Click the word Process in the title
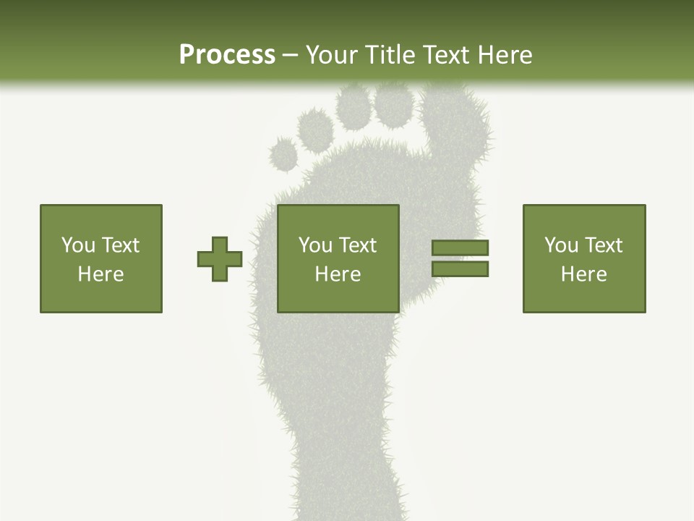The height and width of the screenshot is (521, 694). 227,55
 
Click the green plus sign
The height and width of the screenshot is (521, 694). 220,259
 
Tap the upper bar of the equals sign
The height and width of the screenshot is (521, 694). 460,247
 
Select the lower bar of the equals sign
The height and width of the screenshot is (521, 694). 460,269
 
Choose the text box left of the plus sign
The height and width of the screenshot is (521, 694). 101,259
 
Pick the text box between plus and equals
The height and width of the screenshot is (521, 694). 338,259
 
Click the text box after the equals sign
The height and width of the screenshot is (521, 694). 584,259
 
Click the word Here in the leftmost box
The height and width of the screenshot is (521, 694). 101,274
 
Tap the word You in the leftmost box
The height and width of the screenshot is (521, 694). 77,245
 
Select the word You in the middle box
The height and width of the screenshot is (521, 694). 314,245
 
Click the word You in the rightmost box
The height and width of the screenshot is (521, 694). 560,245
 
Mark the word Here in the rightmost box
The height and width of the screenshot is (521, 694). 584,274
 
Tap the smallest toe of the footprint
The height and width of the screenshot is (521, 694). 283,153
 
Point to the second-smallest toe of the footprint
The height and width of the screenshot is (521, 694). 316,129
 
